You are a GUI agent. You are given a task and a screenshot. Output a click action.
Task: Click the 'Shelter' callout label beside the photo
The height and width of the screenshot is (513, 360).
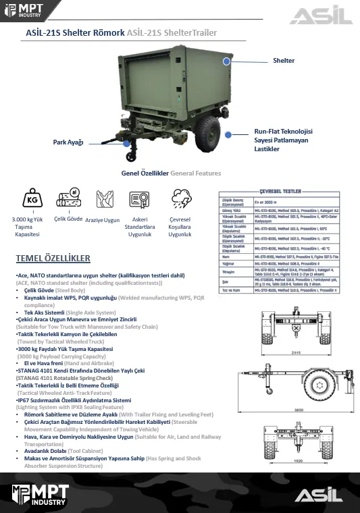click(284, 61)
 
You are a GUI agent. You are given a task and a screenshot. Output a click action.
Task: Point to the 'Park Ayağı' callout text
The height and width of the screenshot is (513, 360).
click(68, 142)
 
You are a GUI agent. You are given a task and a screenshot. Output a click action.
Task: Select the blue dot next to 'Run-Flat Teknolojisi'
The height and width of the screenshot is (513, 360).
click(229, 135)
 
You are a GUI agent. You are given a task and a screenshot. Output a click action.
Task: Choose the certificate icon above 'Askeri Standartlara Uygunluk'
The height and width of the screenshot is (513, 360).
click(139, 200)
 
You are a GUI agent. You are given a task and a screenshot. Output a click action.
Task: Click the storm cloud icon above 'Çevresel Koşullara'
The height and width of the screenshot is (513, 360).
click(180, 200)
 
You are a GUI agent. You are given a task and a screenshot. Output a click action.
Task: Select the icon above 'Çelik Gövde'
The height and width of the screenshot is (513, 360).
click(68, 200)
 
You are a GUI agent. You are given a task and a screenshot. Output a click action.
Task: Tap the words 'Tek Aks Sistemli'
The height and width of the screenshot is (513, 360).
click(44, 313)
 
